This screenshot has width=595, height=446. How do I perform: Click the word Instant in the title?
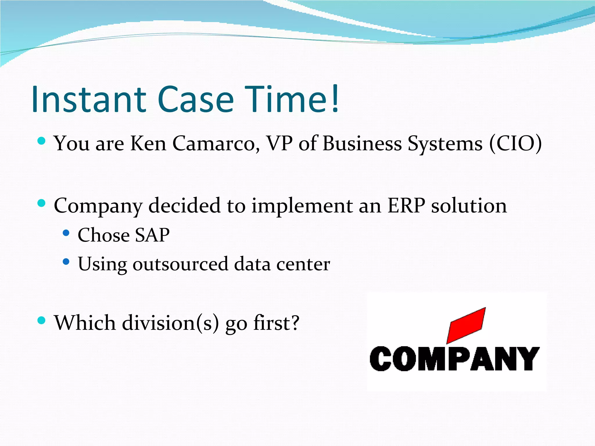(x=89, y=99)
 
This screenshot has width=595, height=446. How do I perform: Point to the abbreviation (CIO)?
(x=515, y=143)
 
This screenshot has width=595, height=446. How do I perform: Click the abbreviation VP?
(x=279, y=143)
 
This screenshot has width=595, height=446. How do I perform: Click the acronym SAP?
(x=152, y=235)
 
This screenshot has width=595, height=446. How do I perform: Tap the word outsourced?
(x=180, y=264)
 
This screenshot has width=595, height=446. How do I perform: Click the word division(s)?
(x=170, y=323)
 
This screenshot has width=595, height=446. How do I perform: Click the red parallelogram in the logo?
(x=466, y=325)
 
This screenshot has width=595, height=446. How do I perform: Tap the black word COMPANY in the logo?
(x=455, y=359)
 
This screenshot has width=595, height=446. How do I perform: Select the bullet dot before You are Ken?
(x=42, y=141)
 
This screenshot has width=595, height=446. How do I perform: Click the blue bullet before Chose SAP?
(x=66, y=233)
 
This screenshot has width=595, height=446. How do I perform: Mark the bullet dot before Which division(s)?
(x=42, y=321)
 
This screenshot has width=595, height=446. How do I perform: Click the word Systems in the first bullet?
(x=445, y=144)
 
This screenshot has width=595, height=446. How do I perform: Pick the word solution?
(x=469, y=206)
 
